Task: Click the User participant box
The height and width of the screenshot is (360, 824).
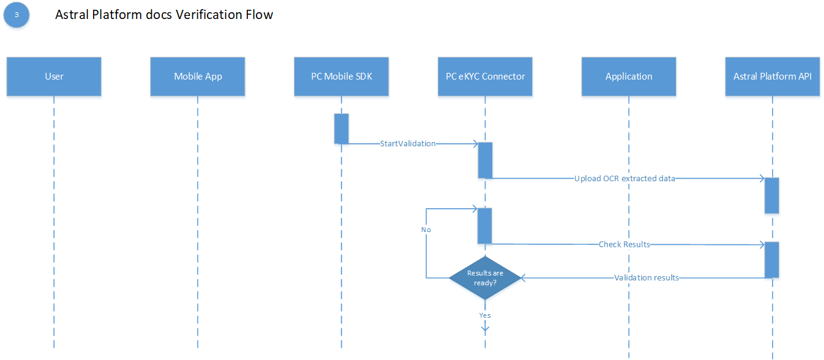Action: coord(54,77)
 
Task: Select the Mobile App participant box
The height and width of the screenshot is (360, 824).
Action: coord(198,77)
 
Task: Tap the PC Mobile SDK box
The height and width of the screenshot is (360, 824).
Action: coord(341,77)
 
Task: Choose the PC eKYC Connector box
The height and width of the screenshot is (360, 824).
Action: coord(485,77)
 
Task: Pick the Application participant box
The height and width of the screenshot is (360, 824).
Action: coord(629,77)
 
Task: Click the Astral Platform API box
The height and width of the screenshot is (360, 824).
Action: coord(772,77)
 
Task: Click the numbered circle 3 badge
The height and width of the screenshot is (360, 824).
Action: coord(17,15)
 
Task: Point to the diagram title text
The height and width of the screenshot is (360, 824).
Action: coord(164,15)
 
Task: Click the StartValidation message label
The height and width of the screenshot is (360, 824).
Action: coord(408,144)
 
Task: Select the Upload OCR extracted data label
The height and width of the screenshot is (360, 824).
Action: coord(624,179)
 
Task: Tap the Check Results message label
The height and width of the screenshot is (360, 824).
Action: coord(624,244)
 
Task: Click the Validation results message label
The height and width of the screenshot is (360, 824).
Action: coord(646,278)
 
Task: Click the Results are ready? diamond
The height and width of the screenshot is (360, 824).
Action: coord(485,278)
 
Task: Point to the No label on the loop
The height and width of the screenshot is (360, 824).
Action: coord(426,230)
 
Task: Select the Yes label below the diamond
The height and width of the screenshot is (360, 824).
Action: coord(485,315)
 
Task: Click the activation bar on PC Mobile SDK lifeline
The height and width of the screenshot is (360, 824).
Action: coord(341,129)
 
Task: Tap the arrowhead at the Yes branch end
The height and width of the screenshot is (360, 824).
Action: coord(485,329)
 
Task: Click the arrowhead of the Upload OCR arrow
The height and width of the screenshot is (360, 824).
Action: coord(761,178)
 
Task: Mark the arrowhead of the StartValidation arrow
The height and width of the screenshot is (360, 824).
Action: coord(474,144)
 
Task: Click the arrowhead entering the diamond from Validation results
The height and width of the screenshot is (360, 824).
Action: coord(524,278)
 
